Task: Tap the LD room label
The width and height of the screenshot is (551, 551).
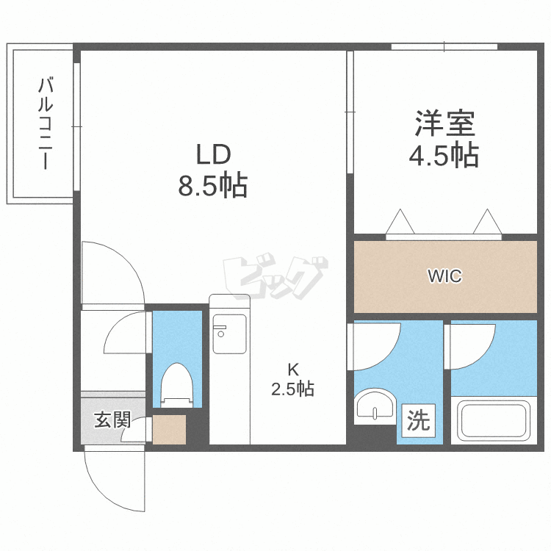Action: [212, 156]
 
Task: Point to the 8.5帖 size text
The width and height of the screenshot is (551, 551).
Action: [212, 187]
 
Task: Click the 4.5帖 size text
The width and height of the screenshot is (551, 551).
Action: [444, 156]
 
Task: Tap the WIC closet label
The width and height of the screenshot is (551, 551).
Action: [444, 277]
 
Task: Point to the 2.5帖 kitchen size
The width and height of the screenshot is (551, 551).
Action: [292, 389]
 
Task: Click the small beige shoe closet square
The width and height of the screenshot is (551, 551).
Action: [169, 431]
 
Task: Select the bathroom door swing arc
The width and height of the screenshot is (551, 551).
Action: [470, 345]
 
